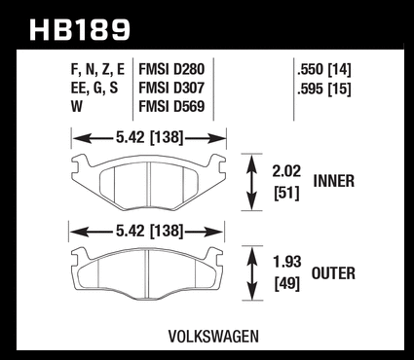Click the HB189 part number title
[x=80, y=29]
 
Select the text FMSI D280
[x=171, y=69]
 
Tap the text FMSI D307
[x=171, y=88]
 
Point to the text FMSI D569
[x=171, y=107]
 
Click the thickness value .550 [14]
[x=324, y=69]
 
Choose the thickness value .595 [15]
[x=324, y=89]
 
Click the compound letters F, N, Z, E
[x=97, y=70]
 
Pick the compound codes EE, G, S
[x=94, y=89]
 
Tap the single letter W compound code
[x=77, y=107]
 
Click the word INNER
[x=334, y=181]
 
